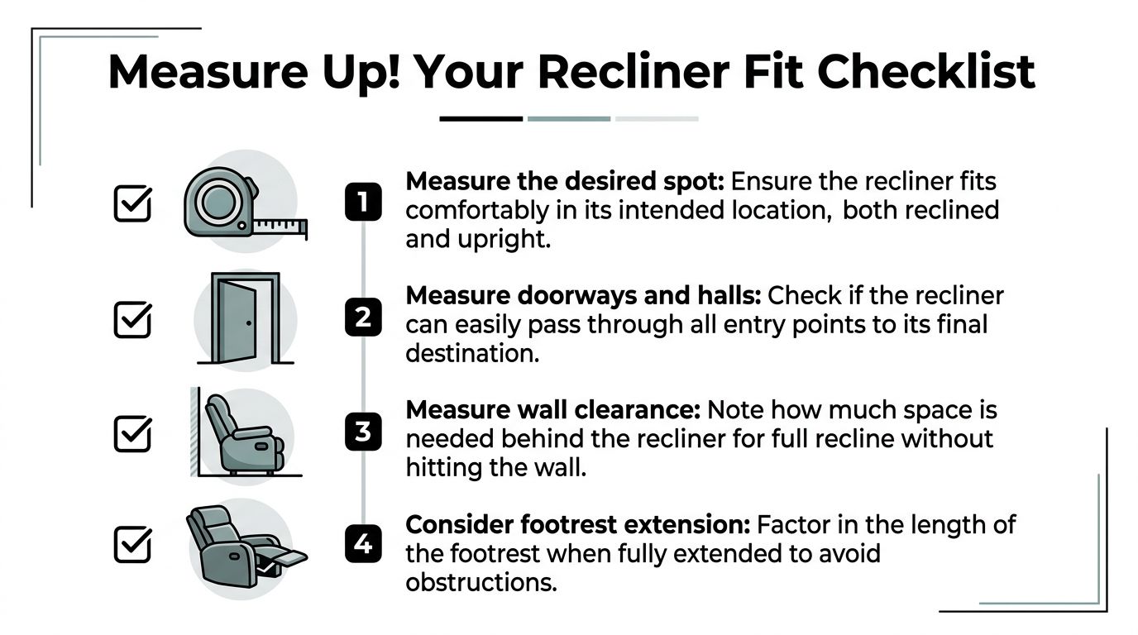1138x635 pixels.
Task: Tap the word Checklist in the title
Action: (x=926, y=72)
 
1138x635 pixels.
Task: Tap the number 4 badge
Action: (x=362, y=546)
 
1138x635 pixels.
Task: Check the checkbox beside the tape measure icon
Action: (x=132, y=203)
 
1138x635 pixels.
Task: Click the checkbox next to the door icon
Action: (x=132, y=319)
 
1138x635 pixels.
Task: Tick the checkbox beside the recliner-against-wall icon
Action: (x=132, y=433)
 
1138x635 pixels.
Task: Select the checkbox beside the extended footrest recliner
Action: (x=132, y=545)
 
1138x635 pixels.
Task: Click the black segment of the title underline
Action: (x=481, y=119)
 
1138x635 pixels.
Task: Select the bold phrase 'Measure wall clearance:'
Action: (x=553, y=410)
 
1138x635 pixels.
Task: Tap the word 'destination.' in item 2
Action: (x=472, y=353)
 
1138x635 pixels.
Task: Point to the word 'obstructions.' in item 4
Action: (x=481, y=582)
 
